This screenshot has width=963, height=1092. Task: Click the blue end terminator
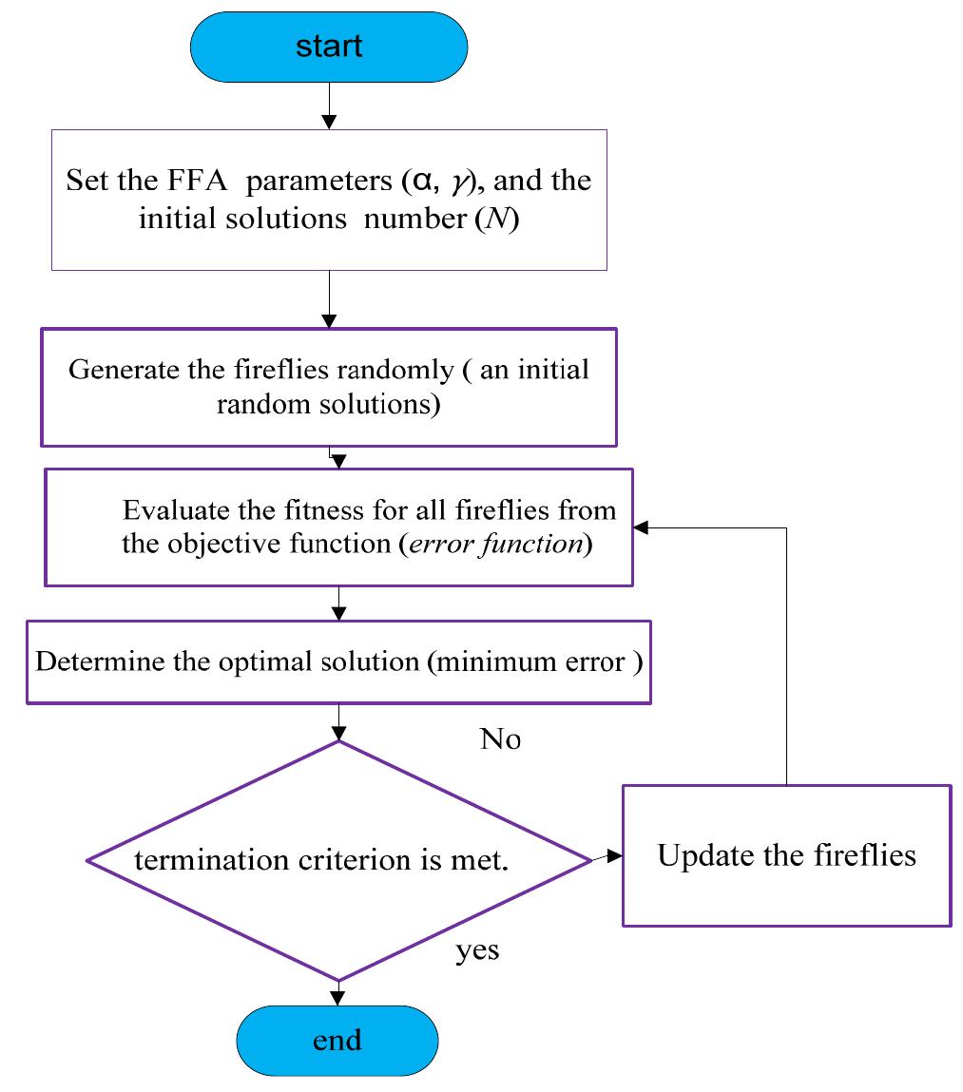pyautogui.click(x=338, y=1040)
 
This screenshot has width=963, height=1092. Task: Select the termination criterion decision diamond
pyautogui.click(x=338, y=859)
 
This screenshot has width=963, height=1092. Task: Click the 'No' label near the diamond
pyautogui.click(x=500, y=739)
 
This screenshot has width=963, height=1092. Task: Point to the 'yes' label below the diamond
pyautogui.click(x=477, y=949)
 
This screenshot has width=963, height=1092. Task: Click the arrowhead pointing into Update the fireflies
pyautogui.click(x=615, y=855)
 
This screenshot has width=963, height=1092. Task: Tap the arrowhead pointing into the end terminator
pyautogui.click(x=337, y=997)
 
